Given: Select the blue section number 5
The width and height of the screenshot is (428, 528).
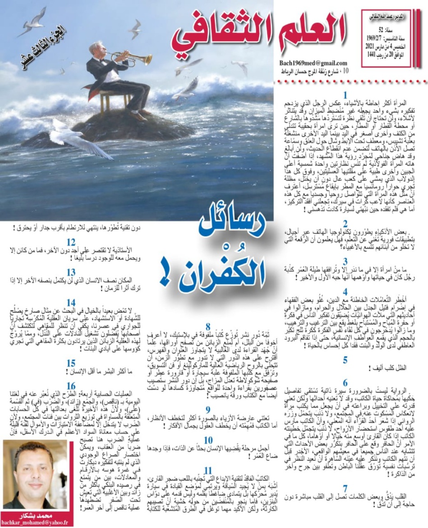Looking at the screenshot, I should click(x=345, y=360).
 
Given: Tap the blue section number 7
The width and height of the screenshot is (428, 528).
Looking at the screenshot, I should click(x=345, y=488).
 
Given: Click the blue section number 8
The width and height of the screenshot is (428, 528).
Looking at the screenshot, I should click(x=208, y=326).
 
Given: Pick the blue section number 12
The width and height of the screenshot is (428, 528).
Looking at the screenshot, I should click(x=71, y=243).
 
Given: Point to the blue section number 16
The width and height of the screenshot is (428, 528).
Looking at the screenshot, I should click(x=71, y=385).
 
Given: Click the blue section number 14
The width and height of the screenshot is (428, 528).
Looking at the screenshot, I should click(x=71, y=302).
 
